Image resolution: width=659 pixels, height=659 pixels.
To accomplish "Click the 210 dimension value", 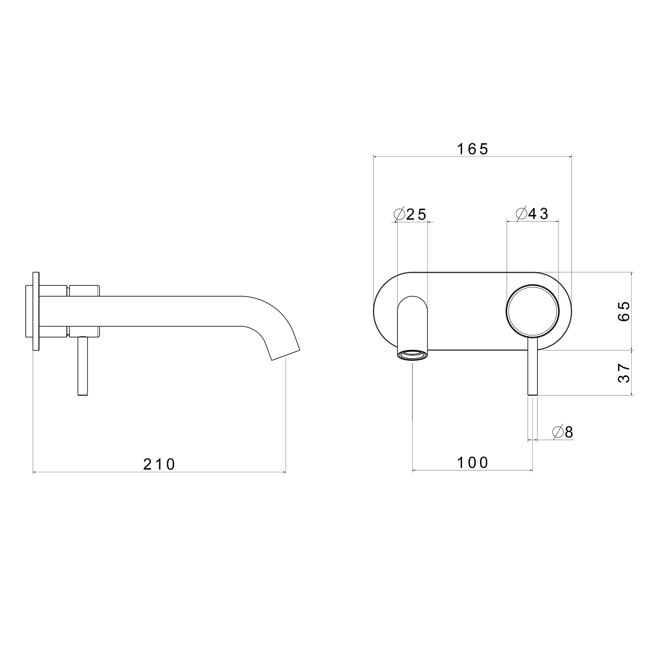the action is point(158,464).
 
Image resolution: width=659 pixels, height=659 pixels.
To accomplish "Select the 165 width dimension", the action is point(473,149).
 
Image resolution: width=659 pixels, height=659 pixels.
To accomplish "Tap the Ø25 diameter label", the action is point(410,215).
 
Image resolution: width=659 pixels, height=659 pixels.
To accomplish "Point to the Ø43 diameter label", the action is point(532,214).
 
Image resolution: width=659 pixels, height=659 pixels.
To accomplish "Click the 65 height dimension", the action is point(624,311).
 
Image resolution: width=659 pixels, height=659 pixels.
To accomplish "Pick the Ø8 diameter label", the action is point(563,433).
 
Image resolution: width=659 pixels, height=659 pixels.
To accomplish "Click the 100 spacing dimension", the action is point(473,463).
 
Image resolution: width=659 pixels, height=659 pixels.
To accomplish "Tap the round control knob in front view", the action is point(532,311).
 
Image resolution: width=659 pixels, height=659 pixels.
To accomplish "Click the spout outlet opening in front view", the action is point(413,355).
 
